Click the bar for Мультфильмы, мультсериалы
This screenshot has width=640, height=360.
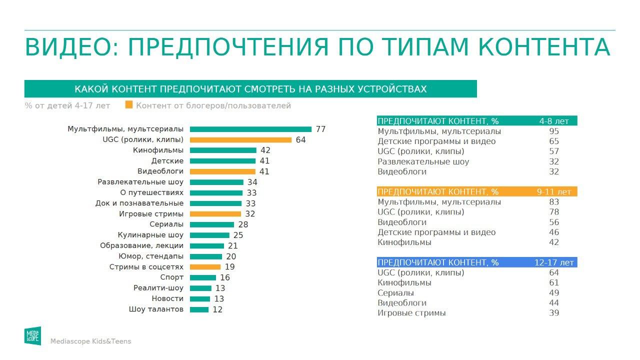[250, 129]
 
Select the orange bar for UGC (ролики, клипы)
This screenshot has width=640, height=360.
[240, 140]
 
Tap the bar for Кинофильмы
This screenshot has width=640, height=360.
[223, 150]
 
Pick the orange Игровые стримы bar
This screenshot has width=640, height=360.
[215, 214]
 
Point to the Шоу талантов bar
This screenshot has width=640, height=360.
[199, 309]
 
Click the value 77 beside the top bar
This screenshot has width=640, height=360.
[320, 129]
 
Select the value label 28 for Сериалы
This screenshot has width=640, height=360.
[243, 224]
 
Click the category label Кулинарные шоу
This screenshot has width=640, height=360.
[150, 235]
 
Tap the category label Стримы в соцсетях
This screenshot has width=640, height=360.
[146, 267]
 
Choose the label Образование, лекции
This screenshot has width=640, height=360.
[141, 245]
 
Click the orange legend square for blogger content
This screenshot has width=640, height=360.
[129, 105]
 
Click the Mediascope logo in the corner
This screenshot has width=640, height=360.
[32, 335]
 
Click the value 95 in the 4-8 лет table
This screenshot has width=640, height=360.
[553, 131]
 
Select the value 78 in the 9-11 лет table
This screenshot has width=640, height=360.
[553, 212]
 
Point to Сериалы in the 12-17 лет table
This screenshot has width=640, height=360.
[395, 293]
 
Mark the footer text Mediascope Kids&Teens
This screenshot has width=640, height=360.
[90, 341]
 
